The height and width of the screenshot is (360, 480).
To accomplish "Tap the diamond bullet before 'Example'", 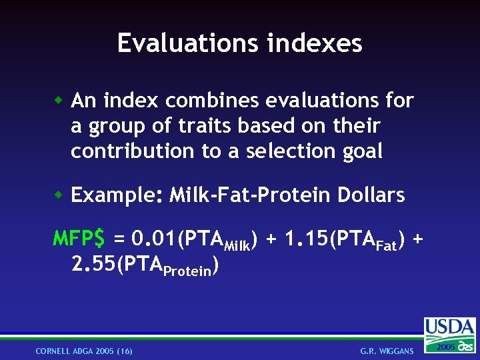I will [x=59, y=195].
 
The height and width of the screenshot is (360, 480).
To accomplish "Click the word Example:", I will [x=117, y=196].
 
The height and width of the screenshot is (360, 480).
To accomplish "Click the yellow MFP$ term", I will [x=79, y=238].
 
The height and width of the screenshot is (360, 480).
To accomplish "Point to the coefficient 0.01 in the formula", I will [x=151, y=238].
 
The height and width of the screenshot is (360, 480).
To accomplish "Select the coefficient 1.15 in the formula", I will [x=304, y=238].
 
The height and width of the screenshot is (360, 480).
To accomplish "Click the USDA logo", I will [x=450, y=328].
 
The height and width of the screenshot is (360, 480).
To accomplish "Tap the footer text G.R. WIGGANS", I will [x=387, y=351].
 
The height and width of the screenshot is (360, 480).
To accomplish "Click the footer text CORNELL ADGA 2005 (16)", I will [x=84, y=351].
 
